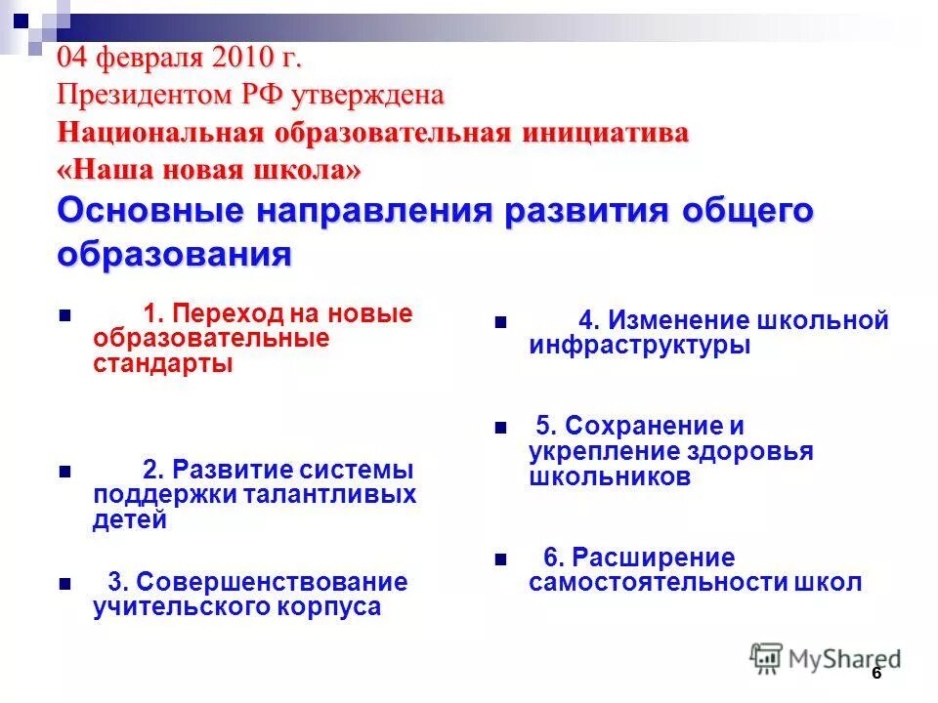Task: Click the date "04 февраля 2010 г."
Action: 179,58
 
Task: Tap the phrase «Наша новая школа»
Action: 209,170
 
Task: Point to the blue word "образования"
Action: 175,255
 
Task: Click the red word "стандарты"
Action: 163,364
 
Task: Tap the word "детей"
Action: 130,519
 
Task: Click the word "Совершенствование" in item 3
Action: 272,583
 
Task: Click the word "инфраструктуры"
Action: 640,345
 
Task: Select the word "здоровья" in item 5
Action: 752,452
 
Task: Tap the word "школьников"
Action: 610,476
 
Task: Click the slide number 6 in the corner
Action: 876,674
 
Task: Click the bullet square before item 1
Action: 64,317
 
